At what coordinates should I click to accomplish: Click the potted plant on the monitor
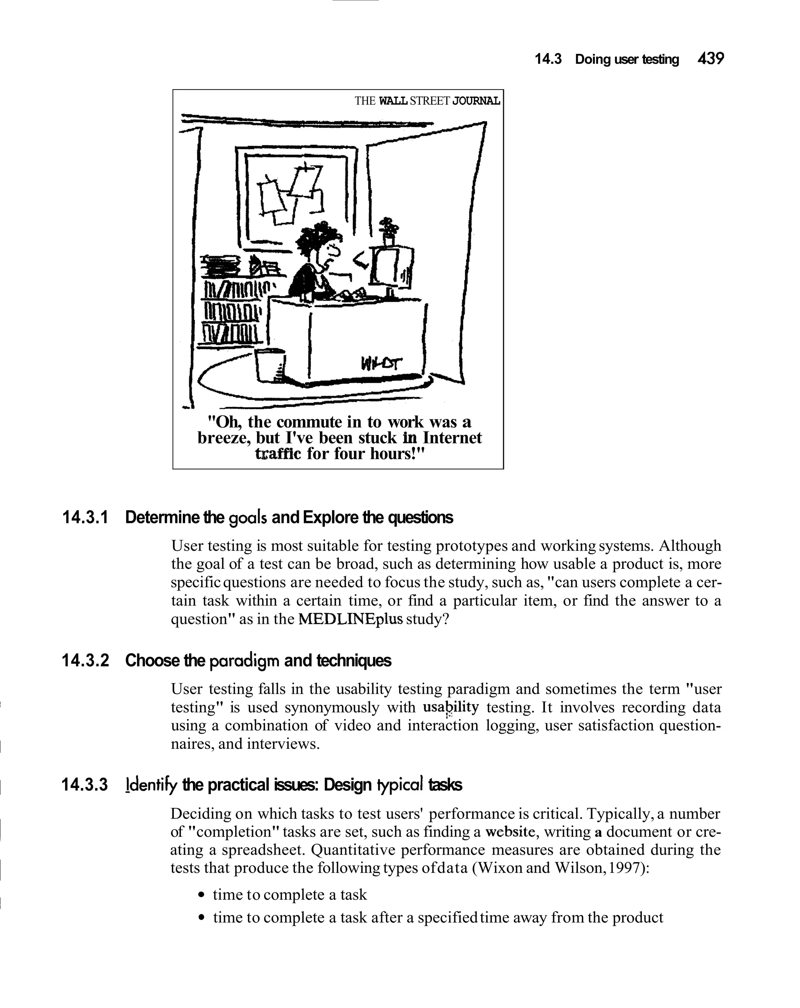click(x=388, y=231)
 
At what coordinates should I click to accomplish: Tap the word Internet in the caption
click(x=452, y=438)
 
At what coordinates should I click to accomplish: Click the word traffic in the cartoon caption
click(x=278, y=453)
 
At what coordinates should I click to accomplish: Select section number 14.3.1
click(x=85, y=517)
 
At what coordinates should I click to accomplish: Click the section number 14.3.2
click(x=85, y=661)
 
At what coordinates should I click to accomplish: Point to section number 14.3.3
click(x=85, y=785)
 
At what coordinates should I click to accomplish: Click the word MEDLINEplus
click(x=350, y=619)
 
